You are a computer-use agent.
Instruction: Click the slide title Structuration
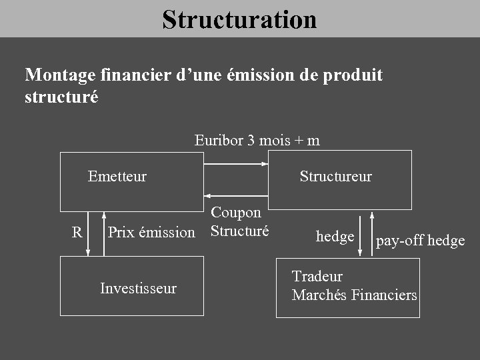(239, 19)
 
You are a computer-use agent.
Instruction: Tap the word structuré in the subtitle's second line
(61, 97)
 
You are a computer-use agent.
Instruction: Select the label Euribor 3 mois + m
(257, 140)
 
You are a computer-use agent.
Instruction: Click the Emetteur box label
(117, 177)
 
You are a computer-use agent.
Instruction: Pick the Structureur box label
(335, 177)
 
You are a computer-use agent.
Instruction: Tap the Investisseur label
(138, 289)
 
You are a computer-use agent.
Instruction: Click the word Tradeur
(317, 277)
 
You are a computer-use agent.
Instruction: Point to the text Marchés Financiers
(354, 295)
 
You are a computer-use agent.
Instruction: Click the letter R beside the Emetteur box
(77, 233)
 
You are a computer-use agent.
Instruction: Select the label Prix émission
(151, 233)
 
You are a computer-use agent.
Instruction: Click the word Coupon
(236, 213)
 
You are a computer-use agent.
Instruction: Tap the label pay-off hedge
(420, 241)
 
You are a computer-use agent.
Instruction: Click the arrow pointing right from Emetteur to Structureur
(235, 163)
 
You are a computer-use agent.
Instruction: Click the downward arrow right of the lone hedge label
(361, 235)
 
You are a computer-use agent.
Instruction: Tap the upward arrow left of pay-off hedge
(371, 235)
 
